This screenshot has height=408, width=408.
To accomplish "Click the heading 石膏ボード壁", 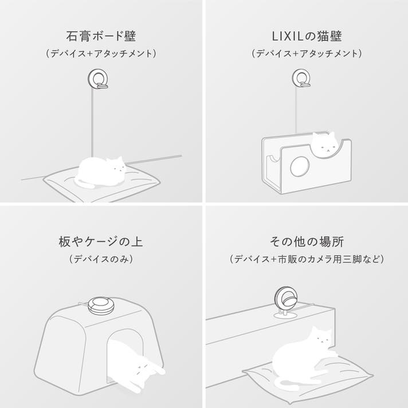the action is pos(101,36).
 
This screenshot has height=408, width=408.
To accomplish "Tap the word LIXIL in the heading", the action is pos(288,37).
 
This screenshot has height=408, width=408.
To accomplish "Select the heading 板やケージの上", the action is pos(101,241).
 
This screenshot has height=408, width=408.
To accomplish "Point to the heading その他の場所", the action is pos(307,241).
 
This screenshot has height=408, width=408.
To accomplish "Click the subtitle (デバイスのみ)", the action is pos(101,259).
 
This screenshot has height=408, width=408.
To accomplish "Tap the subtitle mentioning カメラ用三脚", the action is pos(307,259).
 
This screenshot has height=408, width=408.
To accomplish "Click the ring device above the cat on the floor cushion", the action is pos(98,79).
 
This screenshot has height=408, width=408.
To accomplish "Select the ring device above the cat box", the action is pos(301,78).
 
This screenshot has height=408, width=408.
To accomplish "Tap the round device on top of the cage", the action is pos(100,305).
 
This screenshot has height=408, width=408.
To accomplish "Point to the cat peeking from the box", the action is pos(324,144).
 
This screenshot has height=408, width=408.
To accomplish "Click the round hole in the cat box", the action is pos(300,167).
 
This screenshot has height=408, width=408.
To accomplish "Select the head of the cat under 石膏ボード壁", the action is pos(117,166).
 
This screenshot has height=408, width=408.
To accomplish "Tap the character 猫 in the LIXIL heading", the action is pos(323,37).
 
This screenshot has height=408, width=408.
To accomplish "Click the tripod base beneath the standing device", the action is pos(285,316).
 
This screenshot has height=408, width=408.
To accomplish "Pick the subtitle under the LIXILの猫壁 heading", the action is pos(307,54).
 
